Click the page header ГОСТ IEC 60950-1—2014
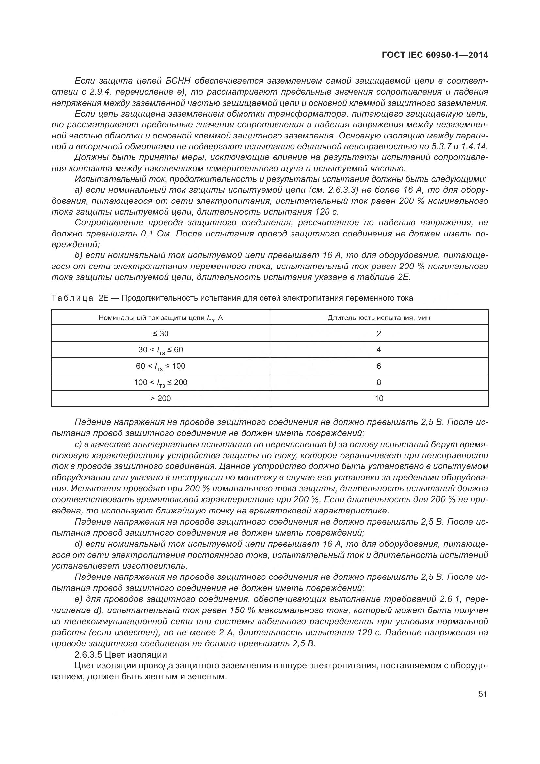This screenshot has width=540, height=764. coord(435,55)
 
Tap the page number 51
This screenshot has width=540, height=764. coord(483,694)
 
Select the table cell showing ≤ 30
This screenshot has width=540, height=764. coord(160,333)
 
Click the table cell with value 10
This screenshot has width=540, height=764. coord(379,398)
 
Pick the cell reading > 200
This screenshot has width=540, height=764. coord(160,398)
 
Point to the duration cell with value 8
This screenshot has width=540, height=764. coord(379,382)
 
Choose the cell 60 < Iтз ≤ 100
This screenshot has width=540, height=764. coord(160,366)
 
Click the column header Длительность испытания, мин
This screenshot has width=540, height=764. coord(379,318)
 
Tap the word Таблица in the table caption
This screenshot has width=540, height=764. coord(72,298)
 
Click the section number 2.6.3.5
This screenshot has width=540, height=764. coord(88,655)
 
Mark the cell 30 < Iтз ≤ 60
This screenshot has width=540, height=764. coord(160,350)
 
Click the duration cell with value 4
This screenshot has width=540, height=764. coord(379,350)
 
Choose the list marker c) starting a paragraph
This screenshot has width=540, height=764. coord(78,444)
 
